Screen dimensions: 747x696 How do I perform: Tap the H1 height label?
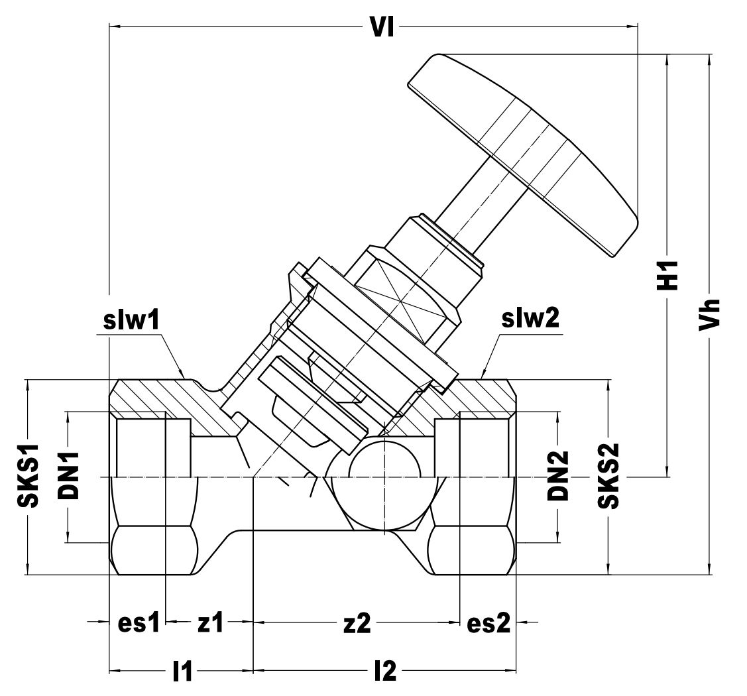pyautogui.click(x=668, y=275)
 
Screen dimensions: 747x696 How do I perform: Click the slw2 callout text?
pyautogui.click(x=530, y=319)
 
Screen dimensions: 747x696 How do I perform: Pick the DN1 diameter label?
pyautogui.click(x=68, y=476)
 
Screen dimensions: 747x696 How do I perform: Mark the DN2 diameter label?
pyautogui.click(x=558, y=475)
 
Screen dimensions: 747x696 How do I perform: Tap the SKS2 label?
pyautogui.click(x=608, y=476)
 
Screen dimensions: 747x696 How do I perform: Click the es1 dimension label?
pyautogui.click(x=139, y=622)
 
